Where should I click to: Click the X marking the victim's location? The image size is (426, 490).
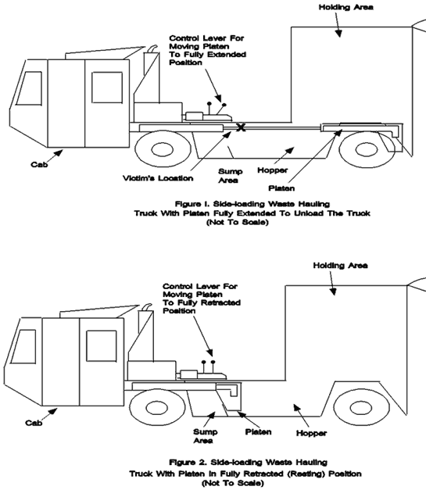(241, 127)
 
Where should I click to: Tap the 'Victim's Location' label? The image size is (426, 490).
(158, 178)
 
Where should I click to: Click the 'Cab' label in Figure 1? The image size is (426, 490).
(39, 164)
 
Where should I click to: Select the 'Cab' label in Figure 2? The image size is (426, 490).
(34, 423)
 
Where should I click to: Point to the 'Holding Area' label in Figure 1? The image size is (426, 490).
(346, 7)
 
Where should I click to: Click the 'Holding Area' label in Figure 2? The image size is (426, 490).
(340, 265)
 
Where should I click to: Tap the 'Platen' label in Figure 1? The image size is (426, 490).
(281, 188)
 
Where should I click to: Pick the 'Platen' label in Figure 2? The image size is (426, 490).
(258, 432)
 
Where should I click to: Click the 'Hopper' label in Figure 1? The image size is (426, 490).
(273, 170)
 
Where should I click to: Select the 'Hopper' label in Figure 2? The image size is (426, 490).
(311, 433)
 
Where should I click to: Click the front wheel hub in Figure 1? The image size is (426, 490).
(163, 149)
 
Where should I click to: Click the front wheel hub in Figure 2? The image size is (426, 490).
(157, 407)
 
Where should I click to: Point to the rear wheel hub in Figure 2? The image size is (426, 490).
(361, 408)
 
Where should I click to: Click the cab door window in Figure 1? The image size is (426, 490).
(107, 88)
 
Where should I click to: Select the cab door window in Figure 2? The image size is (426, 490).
(102, 346)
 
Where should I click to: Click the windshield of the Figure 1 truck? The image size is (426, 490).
(29, 88)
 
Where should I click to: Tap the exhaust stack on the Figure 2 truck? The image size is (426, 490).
(145, 323)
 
